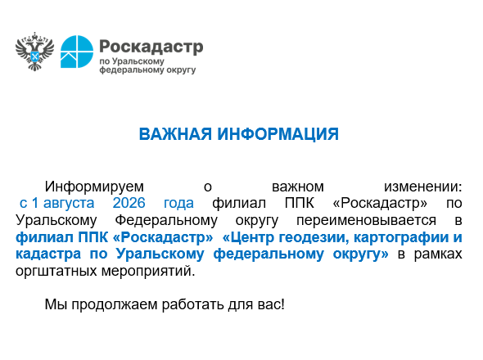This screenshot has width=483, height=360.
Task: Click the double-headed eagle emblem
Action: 34,52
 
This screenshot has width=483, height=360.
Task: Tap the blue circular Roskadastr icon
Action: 77,52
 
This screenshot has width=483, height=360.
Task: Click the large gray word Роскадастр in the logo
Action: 151,47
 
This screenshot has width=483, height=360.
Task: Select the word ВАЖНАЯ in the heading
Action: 175,134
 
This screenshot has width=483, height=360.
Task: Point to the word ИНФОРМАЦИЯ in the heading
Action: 278,134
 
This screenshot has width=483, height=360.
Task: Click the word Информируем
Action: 94,187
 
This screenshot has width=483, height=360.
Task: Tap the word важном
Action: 297,187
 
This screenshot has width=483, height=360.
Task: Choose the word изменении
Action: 422,187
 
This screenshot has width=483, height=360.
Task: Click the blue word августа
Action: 69,203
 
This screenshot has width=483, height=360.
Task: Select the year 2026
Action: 129,203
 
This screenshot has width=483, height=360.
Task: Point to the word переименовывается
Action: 366,220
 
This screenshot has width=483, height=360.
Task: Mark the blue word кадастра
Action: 48,254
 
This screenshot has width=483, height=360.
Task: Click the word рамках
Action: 438,254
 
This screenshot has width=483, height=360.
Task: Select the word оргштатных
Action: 56,272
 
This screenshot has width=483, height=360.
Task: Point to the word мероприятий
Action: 148,272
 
